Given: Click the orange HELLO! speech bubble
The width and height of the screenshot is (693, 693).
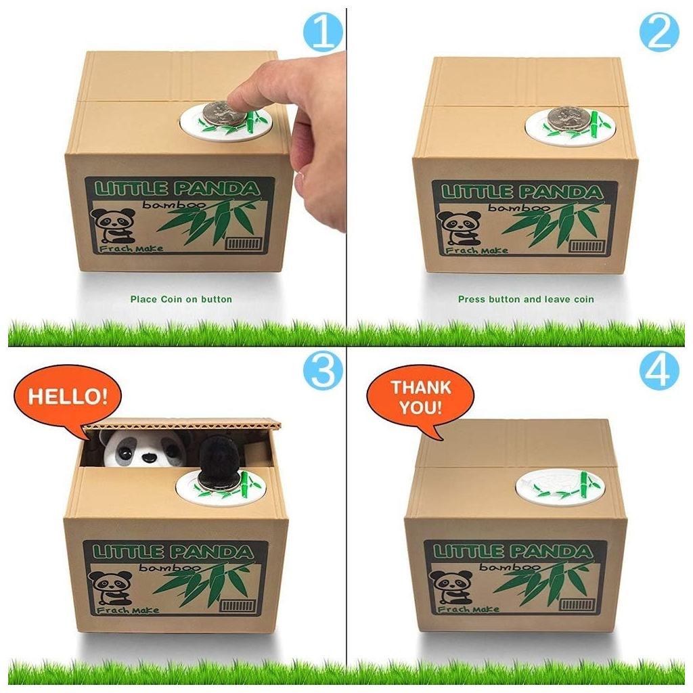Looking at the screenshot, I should [67, 397].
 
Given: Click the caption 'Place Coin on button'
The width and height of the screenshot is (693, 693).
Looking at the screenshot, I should [181, 299].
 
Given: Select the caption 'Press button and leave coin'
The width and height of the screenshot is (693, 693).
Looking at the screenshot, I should [526, 299].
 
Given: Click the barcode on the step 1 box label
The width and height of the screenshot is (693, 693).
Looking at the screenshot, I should [244, 244].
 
